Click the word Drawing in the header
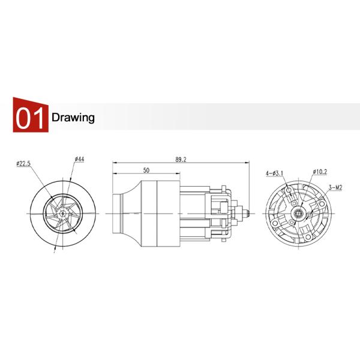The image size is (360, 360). [73, 117]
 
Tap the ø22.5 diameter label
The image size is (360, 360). [23, 163]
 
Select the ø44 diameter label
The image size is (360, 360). [79, 159]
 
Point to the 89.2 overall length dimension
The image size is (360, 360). [181, 160]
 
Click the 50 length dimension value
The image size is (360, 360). [146, 171]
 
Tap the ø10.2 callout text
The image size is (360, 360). [319, 172]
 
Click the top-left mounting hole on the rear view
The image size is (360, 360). [290, 190]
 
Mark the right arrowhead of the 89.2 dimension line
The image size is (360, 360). [248, 164]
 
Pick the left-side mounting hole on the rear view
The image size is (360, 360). [275, 221]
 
